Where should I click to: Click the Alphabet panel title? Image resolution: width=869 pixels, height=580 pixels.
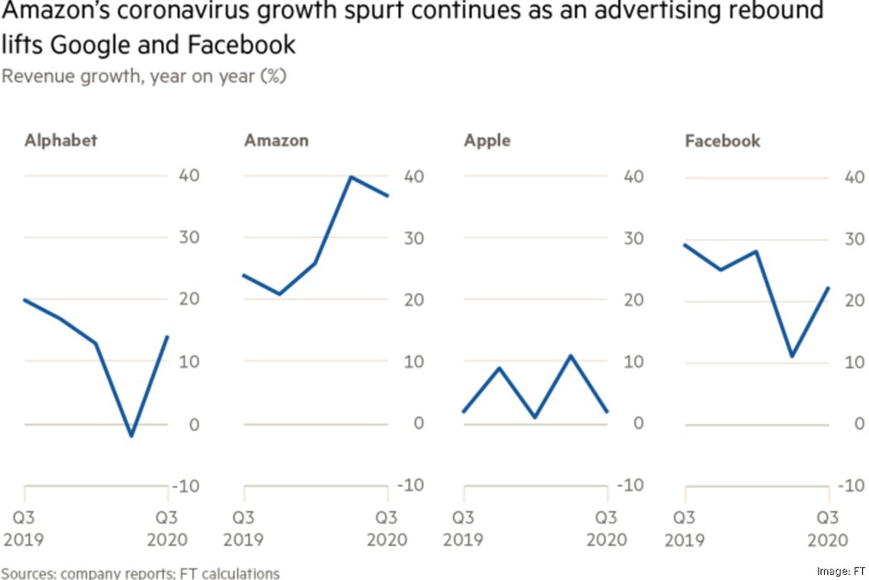tap(60, 140)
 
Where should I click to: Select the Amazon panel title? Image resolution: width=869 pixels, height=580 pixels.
tap(276, 140)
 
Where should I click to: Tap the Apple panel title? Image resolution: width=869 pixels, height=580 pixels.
tap(487, 140)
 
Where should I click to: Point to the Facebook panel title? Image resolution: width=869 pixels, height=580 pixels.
tap(723, 140)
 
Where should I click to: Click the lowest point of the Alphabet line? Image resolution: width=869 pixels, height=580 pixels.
tap(131, 436)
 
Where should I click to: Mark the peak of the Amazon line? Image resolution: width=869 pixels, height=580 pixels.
tap(351, 177)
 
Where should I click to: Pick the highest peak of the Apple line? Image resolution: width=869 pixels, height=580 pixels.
tap(571, 356)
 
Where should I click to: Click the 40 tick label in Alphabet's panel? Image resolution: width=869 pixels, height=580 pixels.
tap(188, 176)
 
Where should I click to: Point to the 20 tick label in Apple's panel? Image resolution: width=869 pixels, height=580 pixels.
tap(627, 300)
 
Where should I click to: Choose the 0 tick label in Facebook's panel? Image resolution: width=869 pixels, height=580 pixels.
tap(853, 424)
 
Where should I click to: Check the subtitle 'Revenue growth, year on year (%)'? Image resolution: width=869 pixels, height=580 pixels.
tap(144, 76)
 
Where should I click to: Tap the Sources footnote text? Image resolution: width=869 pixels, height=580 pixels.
tap(140, 573)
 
